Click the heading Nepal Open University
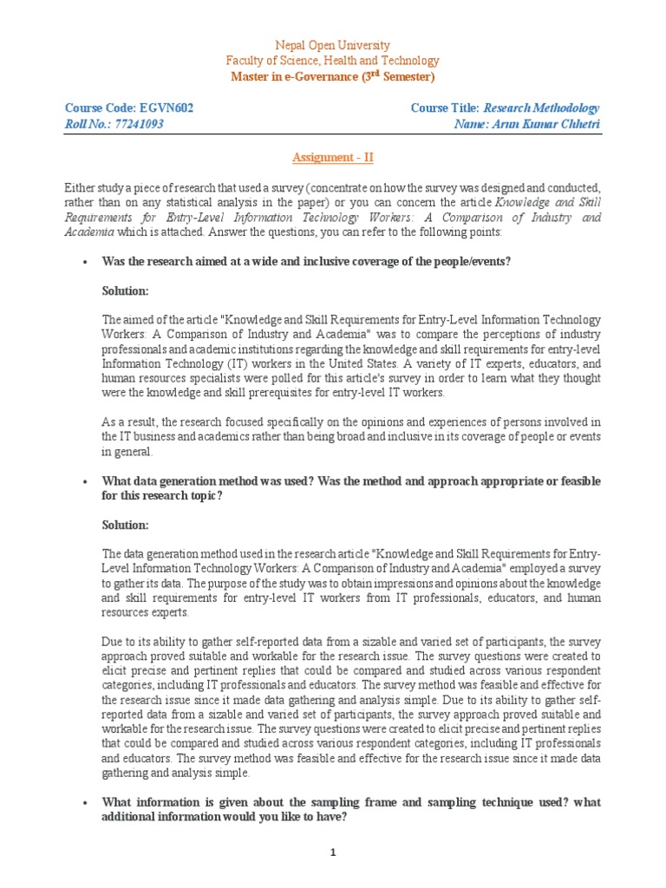click(332, 45)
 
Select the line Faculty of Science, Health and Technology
click(332, 61)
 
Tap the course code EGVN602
click(166, 108)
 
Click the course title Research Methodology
click(541, 108)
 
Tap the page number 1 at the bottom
click(332, 852)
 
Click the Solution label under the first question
click(125, 291)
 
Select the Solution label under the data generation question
click(125, 526)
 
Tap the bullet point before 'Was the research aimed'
click(83, 260)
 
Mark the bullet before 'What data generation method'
click(83, 480)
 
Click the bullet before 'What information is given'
click(83, 803)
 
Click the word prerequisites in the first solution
click(284, 380)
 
